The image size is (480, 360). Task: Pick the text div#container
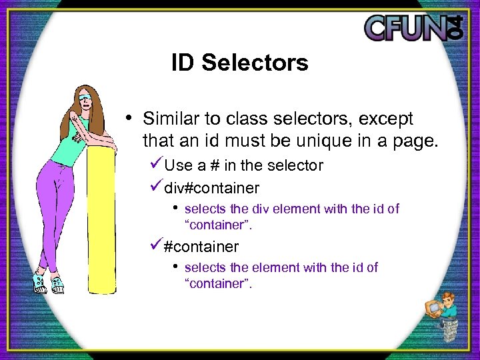[211, 189]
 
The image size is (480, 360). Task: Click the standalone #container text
[201, 247]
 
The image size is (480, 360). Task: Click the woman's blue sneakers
[48, 281]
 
